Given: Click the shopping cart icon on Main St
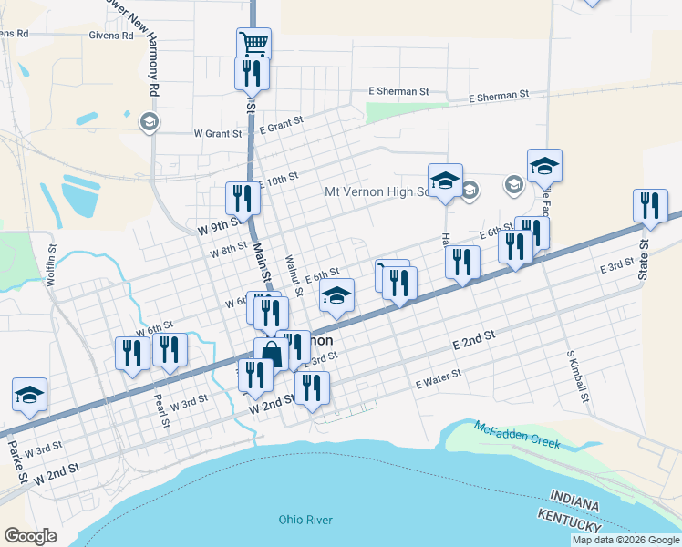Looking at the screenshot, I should pos(253,43).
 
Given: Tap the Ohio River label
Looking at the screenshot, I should pos(305,520).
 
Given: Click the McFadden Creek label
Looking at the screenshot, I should pos(517,435).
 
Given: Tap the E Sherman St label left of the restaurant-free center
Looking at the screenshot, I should pos(398,92).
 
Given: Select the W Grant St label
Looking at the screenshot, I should pos(218,133).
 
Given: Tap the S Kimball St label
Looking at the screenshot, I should pos(577,377).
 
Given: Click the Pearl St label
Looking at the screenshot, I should pos(162,411).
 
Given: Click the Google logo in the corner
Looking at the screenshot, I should pos(30,536).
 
